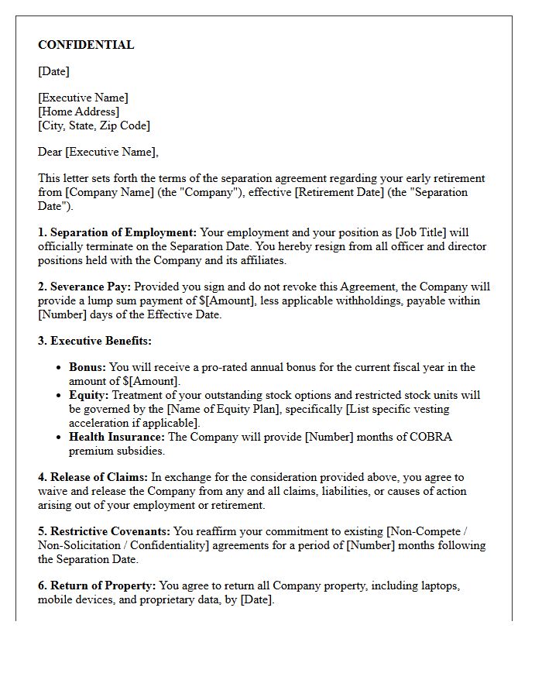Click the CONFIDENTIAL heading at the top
click(86, 45)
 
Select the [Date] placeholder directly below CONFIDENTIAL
click(53, 71)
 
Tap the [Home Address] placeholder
click(78, 112)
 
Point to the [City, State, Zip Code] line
click(94, 125)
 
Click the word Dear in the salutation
click(50, 152)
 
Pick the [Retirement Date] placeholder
click(332, 192)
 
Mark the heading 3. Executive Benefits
click(94, 341)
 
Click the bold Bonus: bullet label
click(87, 367)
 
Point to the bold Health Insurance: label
click(117, 437)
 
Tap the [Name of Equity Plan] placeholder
click(206, 409)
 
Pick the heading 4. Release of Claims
click(93, 477)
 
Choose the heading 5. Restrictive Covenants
click(105, 531)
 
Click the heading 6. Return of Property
click(97, 585)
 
